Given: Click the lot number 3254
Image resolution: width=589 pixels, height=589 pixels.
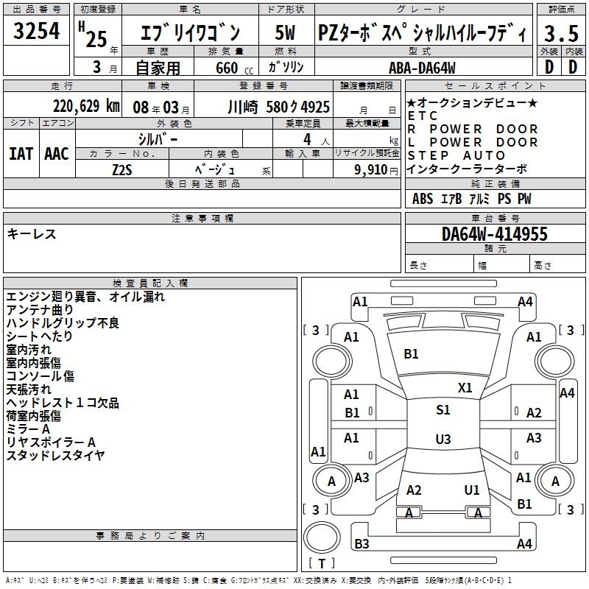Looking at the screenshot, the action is point(37,32).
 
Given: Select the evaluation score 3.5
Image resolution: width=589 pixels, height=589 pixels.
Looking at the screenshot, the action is point(561,33).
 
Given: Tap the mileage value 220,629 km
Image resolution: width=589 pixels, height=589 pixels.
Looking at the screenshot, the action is point(86,106).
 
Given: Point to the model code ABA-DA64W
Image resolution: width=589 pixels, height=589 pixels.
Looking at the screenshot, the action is point(422,68).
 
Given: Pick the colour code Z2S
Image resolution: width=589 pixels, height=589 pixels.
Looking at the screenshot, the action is point(122,169).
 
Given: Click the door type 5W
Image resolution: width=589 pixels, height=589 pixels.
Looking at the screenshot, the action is point(285,32).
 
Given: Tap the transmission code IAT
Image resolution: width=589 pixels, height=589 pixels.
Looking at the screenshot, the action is point(21,153).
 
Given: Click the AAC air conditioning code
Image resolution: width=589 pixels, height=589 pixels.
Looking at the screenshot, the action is point(57,153).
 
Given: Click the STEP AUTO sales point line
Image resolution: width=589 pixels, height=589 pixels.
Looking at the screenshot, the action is point(456,155).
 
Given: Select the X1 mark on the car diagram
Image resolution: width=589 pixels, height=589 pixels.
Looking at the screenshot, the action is point(465,387).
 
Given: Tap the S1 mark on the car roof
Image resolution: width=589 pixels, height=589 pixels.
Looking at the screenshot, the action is point(442,410).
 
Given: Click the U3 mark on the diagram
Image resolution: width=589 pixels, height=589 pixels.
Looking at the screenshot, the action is point(442,440).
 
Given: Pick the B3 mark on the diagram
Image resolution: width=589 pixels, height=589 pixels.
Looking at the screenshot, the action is point(361,544).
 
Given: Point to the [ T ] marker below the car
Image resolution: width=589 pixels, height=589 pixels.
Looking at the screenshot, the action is point(322,564).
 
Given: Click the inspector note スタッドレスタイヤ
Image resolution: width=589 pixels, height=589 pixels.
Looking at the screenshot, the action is point(55,455).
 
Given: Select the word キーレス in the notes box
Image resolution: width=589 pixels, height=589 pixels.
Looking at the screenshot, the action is point(31,233).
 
